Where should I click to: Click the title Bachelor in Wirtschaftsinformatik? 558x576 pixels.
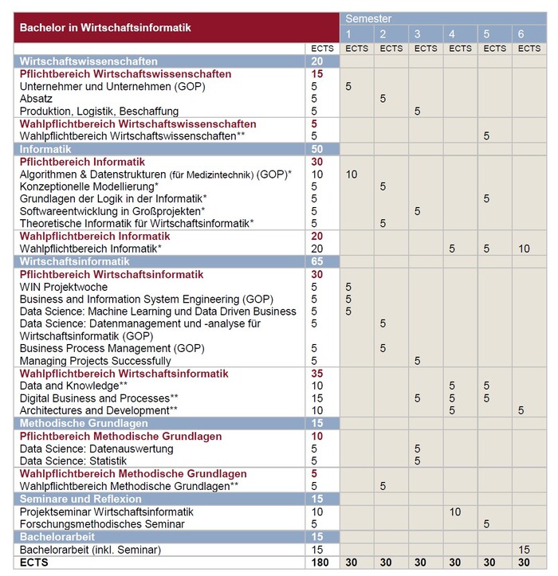[x=105, y=28]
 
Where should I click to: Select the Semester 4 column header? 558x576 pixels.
[x=452, y=34]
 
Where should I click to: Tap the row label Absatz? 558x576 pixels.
[x=37, y=99]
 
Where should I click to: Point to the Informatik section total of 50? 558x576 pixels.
[x=316, y=149]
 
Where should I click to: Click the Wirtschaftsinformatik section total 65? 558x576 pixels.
[x=316, y=261]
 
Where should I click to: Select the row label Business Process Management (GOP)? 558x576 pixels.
[x=112, y=348]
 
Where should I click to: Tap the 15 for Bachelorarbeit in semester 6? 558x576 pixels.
[x=524, y=550]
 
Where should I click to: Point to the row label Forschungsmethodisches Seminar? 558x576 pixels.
[x=102, y=523]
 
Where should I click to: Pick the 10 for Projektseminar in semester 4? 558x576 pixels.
[x=455, y=511]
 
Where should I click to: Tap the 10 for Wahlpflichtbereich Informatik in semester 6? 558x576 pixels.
[x=524, y=249]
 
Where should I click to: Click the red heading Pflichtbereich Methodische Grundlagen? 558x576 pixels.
[x=120, y=437]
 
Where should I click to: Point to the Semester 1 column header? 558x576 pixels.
[x=348, y=34]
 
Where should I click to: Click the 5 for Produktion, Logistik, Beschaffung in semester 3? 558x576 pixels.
[x=417, y=112]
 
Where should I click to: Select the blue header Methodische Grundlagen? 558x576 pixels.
[x=82, y=423]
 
